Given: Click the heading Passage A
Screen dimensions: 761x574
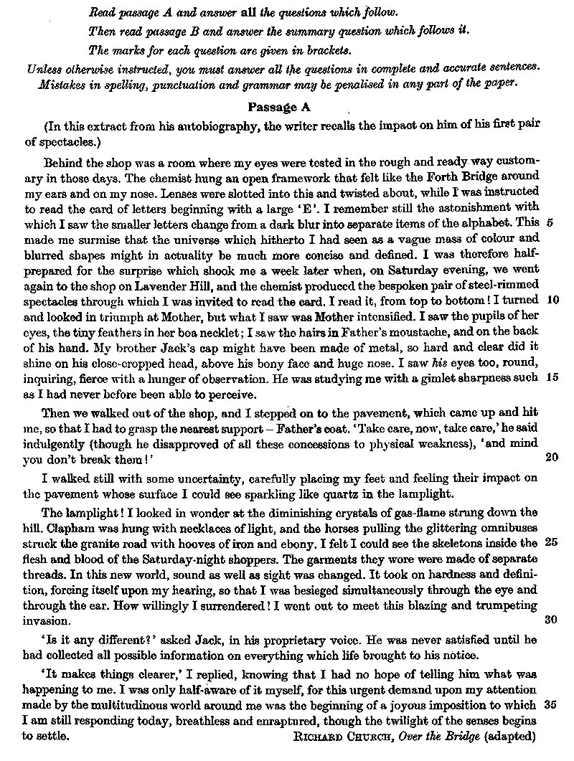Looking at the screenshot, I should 282,108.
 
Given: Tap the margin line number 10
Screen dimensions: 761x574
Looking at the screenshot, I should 552,299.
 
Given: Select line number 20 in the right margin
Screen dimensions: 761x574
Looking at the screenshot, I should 552,458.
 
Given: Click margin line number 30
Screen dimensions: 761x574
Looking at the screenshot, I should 552,620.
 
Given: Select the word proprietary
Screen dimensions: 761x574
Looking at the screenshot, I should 287,639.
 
